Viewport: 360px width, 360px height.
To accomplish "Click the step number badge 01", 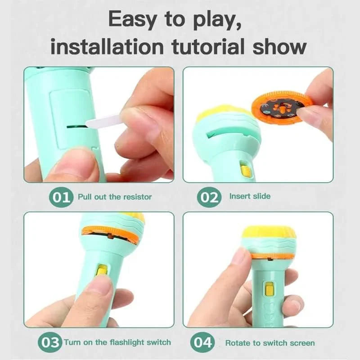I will tap(61, 197).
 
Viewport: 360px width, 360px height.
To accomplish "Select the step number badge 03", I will tap(49, 342).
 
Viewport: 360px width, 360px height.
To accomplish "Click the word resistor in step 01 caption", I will tap(137, 197).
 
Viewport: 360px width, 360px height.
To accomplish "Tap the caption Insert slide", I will tap(250, 196).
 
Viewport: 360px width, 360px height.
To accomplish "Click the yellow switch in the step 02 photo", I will tap(245, 170).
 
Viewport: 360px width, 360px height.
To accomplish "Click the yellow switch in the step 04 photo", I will tap(270, 289).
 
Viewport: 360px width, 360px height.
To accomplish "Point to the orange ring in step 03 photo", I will tap(110, 234).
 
